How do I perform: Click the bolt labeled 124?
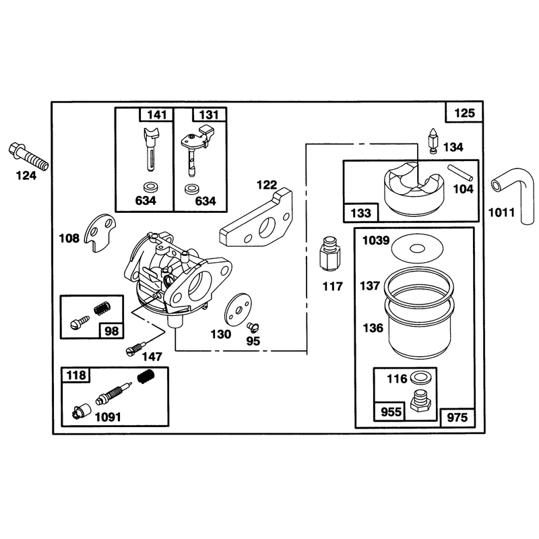(x=28, y=156)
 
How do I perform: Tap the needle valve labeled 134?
(x=432, y=141)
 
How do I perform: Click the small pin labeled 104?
(x=460, y=172)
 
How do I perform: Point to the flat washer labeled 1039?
(x=417, y=248)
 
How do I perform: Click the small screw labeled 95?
(x=253, y=327)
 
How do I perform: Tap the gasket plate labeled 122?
(x=256, y=218)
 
